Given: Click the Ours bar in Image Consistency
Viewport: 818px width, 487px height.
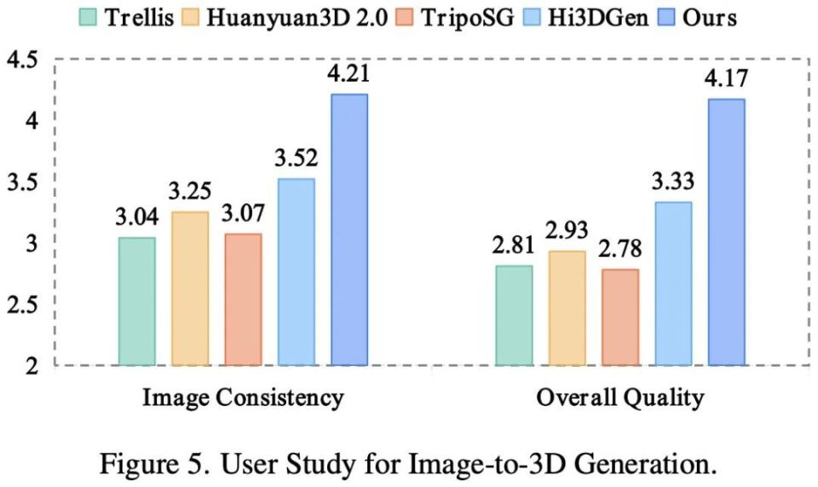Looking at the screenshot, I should (349, 230).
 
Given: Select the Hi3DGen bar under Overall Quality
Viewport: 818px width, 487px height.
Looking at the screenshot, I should (673, 284).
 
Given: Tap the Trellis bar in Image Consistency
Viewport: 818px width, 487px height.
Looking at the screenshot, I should (137, 301).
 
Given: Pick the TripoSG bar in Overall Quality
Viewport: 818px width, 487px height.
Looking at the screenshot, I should (619, 317).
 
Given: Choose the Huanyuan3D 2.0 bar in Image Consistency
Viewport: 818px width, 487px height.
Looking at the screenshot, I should (190, 289).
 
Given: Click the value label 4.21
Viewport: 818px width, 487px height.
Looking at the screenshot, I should (349, 75).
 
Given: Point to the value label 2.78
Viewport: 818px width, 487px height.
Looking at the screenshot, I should (619, 252).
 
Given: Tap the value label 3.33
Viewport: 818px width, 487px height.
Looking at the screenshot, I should (673, 181).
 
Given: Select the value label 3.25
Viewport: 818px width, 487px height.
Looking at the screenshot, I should (190, 192).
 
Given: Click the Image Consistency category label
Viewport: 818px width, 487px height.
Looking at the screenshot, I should (243, 397).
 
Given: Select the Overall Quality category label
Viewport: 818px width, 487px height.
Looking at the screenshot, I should (619, 397).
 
